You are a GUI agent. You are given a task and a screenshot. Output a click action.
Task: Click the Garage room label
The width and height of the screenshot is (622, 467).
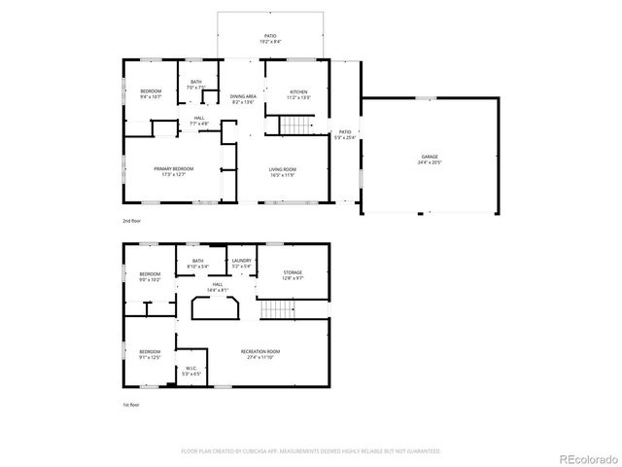pyautogui.click(x=429, y=159)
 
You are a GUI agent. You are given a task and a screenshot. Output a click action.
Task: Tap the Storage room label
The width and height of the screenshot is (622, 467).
pyautogui.click(x=293, y=275)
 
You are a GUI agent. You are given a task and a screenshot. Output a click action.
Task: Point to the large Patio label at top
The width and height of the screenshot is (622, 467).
pyautogui.click(x=269, y=39)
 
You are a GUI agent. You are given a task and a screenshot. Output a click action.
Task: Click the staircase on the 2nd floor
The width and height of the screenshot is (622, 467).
pyautogui.click(x=298, y=126)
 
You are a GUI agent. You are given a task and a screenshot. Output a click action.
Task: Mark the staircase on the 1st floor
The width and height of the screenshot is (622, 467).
pyautogui.click(x=277, y=310)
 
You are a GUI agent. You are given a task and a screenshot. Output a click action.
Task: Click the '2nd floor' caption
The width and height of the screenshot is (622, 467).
pyautogui.click(x=130, y=222)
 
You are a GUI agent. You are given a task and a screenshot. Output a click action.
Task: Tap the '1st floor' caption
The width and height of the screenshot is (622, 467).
pyautogui.click(x=130, y=404)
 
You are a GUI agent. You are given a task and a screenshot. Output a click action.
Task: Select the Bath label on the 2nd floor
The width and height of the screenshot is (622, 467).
pyautogui.click(x=196, y=85)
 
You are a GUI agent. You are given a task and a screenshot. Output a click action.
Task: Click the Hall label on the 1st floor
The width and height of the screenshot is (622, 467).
pyautogui.click(x=218, y=287)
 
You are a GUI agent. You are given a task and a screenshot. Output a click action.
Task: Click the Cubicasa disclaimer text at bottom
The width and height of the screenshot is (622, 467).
pyautogui.click(x=311, y=451)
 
